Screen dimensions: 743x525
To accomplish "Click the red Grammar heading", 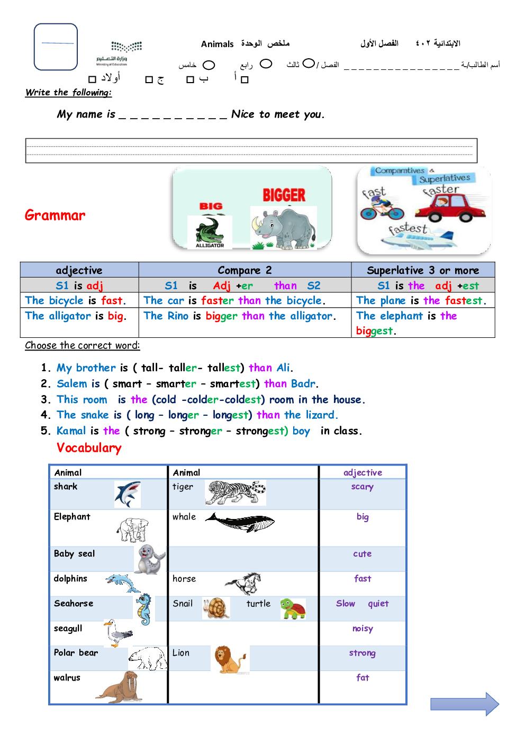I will click(55, 216).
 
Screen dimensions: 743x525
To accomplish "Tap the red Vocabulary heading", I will click(89, 448).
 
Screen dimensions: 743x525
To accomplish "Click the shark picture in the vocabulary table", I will click(128, 494).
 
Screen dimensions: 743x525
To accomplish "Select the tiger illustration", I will click(235, 493).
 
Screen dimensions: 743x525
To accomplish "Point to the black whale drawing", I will click(240, 522).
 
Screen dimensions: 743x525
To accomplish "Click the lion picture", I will click(229, 659).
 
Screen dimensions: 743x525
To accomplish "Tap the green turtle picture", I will click(293, 609).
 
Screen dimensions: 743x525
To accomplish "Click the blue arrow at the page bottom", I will click(465, 704).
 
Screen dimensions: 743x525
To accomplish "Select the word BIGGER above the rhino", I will click(284, 195).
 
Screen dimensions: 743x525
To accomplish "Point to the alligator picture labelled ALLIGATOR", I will click(210, 232).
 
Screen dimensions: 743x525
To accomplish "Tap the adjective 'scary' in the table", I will click(363, 487).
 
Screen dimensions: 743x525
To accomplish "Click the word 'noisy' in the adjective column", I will click(363, 629).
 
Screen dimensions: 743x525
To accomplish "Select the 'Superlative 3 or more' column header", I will click(423, 270).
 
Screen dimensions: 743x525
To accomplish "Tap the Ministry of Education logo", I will click(119, 53).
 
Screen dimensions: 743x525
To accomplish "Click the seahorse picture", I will click(143, 609).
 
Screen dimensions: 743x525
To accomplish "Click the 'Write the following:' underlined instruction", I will click(69, 93).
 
